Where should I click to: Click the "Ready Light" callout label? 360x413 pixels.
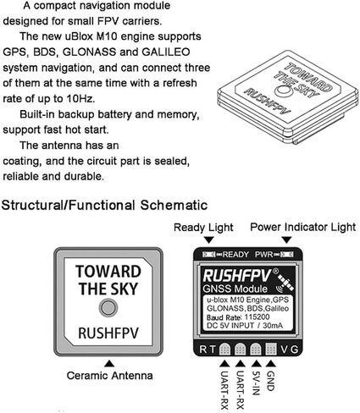[x=203, y=228]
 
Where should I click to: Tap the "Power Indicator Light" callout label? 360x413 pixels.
[x=303, y=227]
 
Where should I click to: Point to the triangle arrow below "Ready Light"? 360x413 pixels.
[x=208, y=240]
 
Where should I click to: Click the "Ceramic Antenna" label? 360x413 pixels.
[x=109, y=376]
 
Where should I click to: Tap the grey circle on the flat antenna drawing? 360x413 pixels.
[x=108, y=308]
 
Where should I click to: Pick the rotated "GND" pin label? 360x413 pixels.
[x=270, y=381]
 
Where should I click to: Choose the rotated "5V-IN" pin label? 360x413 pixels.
[x=255, y=383]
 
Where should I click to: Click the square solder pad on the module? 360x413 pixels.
[x=271, y=350]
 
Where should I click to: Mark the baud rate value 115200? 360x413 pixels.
[x=257, y=317]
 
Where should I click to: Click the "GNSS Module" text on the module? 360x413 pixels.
[x=235, y=289]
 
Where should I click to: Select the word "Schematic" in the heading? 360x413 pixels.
[x=174, y=205]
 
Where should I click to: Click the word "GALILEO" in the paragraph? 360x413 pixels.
[x=166, y=52]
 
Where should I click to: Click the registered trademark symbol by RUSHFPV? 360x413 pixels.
[x=275, y=271]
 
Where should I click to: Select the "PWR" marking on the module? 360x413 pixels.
[x=263, y=255]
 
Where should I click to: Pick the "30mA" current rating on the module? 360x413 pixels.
[x=273, y=326]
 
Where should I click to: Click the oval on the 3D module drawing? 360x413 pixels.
[x=284, y=91]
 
